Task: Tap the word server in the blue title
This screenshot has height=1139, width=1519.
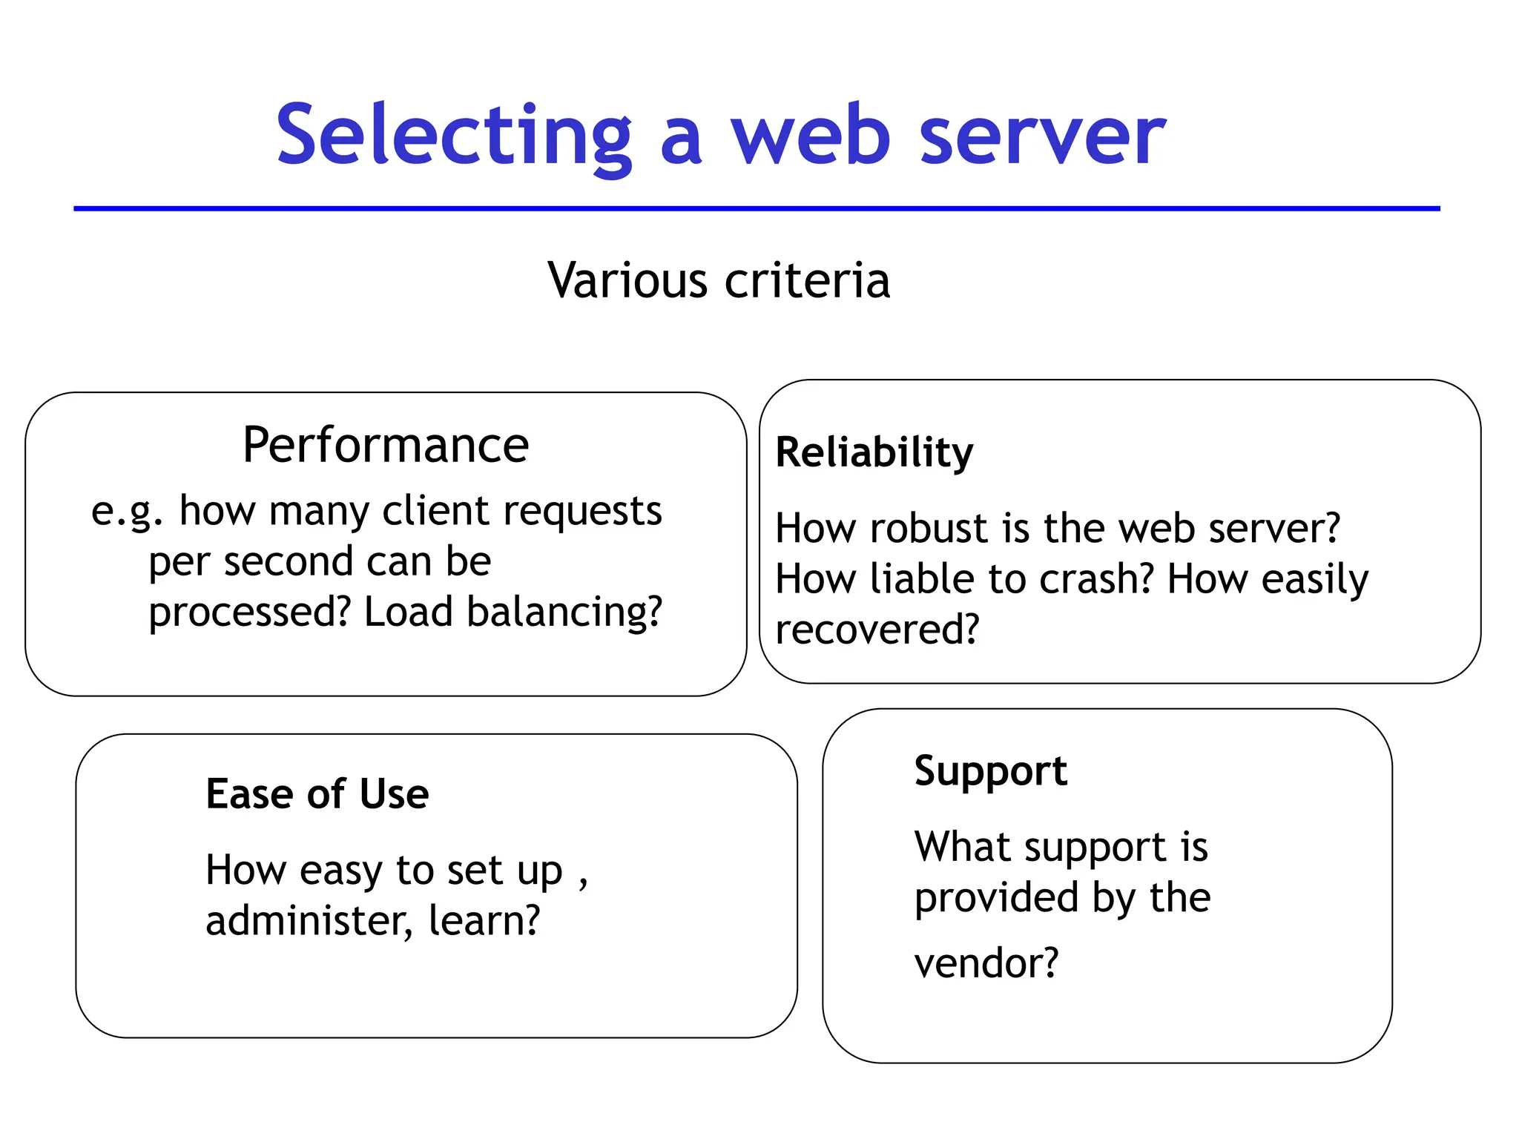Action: [1042, 136]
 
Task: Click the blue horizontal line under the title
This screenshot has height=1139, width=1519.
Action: [757, 208]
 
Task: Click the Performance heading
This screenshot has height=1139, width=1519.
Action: [386, 445]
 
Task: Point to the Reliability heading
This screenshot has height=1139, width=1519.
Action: [874, 452]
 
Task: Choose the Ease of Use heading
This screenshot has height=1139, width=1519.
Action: [317, 794]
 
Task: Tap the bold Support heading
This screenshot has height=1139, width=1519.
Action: [990, 771]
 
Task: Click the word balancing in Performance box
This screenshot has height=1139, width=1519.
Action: [564, 613]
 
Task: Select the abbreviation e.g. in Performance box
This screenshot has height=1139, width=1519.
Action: [126, 512]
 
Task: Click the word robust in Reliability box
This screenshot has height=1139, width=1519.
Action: [930, 529]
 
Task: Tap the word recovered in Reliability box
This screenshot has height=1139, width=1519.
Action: [876, 630]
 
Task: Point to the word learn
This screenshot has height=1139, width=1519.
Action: [484, 921]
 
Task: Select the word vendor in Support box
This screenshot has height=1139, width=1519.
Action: [985, 964]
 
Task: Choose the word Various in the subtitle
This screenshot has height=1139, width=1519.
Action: [627, 281]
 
